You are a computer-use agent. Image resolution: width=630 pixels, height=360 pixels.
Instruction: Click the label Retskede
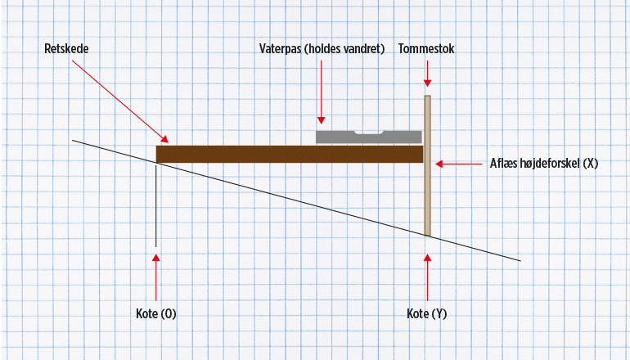pos(66,49)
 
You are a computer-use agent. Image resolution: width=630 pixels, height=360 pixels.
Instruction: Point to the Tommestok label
pos(426,49)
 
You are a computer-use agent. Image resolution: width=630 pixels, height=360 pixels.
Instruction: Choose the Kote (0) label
pos(155,313)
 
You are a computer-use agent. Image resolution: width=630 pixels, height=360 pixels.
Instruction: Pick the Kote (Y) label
pos(427,313)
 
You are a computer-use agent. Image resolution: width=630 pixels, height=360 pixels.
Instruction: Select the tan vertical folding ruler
pos(427,196)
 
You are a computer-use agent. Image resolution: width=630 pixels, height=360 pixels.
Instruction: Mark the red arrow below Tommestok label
pos(427,74)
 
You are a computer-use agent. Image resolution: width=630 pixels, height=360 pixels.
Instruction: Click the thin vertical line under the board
pos(155,205)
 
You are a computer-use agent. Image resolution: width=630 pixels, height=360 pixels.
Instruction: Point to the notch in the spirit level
pos(367,133)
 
